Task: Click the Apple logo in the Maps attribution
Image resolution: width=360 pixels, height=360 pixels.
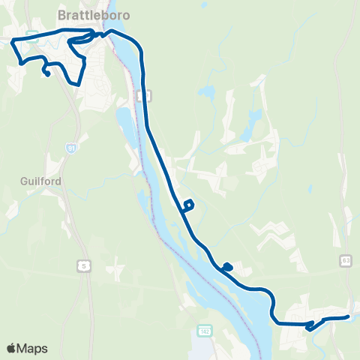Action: (x=11, y=348)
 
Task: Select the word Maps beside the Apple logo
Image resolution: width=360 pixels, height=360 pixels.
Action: (x=32, y=348)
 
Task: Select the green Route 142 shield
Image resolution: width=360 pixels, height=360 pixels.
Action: (x=205, y=331)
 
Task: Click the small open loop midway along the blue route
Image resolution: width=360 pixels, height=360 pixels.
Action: (x=189, y=204)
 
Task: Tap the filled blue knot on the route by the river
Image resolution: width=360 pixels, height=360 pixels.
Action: (x=227, y=266)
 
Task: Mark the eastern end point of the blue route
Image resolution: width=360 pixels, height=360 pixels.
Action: (x=348, y=316)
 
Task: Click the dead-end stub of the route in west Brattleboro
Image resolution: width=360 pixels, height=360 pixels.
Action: (x=47, y=73)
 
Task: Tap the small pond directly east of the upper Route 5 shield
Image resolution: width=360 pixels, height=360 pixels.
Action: (x=202, y=94)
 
